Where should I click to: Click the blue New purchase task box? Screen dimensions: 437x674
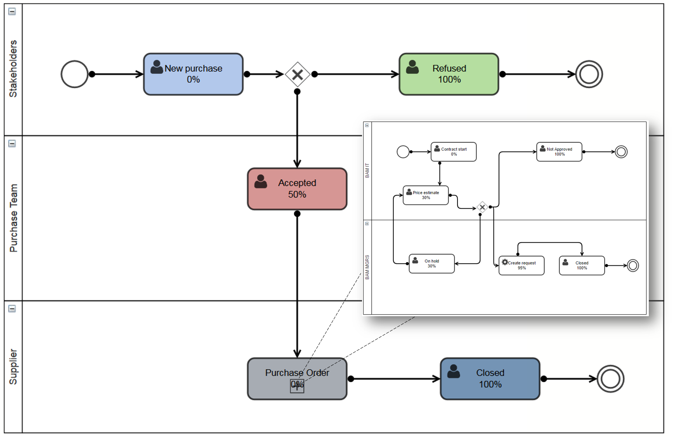(x=193, y=74)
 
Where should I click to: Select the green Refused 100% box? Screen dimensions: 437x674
(x=449, y=74)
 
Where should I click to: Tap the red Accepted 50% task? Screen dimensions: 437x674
(x=297, y=189)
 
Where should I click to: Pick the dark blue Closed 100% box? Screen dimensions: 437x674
(x=490, y=379)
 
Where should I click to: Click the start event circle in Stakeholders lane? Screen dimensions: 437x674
(x=75, y=74)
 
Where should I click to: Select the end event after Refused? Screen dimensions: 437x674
(x=589, y=74)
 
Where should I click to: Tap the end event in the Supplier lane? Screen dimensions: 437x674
(x=610, y=379)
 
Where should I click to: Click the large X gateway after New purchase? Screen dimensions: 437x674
(x=298, y=74)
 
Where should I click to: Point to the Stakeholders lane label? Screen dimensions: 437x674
(x=13, y=69)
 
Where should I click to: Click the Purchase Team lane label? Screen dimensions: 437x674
(x=13, y=218)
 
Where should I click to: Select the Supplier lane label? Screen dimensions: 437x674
(x=13, y=367)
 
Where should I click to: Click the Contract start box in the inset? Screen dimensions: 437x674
(x=454, y=152)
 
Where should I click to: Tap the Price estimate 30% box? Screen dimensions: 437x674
(x=426, y=195)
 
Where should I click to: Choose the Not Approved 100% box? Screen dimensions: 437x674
(x=559, y=152)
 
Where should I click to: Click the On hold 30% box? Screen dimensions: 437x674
(x=431, y=264)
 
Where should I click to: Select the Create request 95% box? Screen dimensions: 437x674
(x=522, y=266)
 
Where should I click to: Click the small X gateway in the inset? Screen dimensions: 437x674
(x=482, y=207)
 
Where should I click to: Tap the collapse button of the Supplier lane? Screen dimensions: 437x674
(x=12, y=309)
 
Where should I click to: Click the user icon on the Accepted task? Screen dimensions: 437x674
(x=261, y=181)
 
